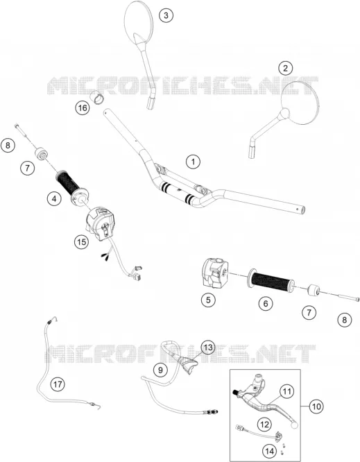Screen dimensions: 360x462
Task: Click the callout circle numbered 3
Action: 166,15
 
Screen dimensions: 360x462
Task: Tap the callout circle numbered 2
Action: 285,69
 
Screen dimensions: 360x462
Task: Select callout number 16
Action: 82,108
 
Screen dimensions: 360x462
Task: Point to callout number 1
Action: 194,162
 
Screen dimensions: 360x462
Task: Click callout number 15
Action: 81,242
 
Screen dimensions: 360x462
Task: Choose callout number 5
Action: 208,300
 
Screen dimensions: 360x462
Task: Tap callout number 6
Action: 266,303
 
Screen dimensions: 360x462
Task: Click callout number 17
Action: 58,384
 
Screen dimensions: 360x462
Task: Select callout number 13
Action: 208,348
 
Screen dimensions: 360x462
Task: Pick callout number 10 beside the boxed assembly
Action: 316,407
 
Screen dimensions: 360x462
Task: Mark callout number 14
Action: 270,451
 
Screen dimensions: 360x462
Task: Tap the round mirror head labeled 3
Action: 139,23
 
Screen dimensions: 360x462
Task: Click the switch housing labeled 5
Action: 214,272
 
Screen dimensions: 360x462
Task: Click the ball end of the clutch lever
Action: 294,425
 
